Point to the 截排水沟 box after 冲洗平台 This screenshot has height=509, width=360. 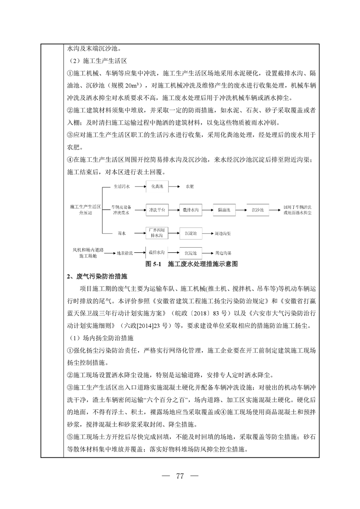(x=191, y=210)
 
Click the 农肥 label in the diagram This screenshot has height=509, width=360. (x=189, y=186)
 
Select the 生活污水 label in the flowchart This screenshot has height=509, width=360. (x=121, y=186)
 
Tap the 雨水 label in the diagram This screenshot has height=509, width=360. (x=121, y=233)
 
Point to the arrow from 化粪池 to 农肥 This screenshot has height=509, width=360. (x=175, y=186)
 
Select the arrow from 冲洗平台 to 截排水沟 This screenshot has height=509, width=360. (x=174, y=210)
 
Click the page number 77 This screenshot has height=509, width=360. (x=180, y=476)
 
